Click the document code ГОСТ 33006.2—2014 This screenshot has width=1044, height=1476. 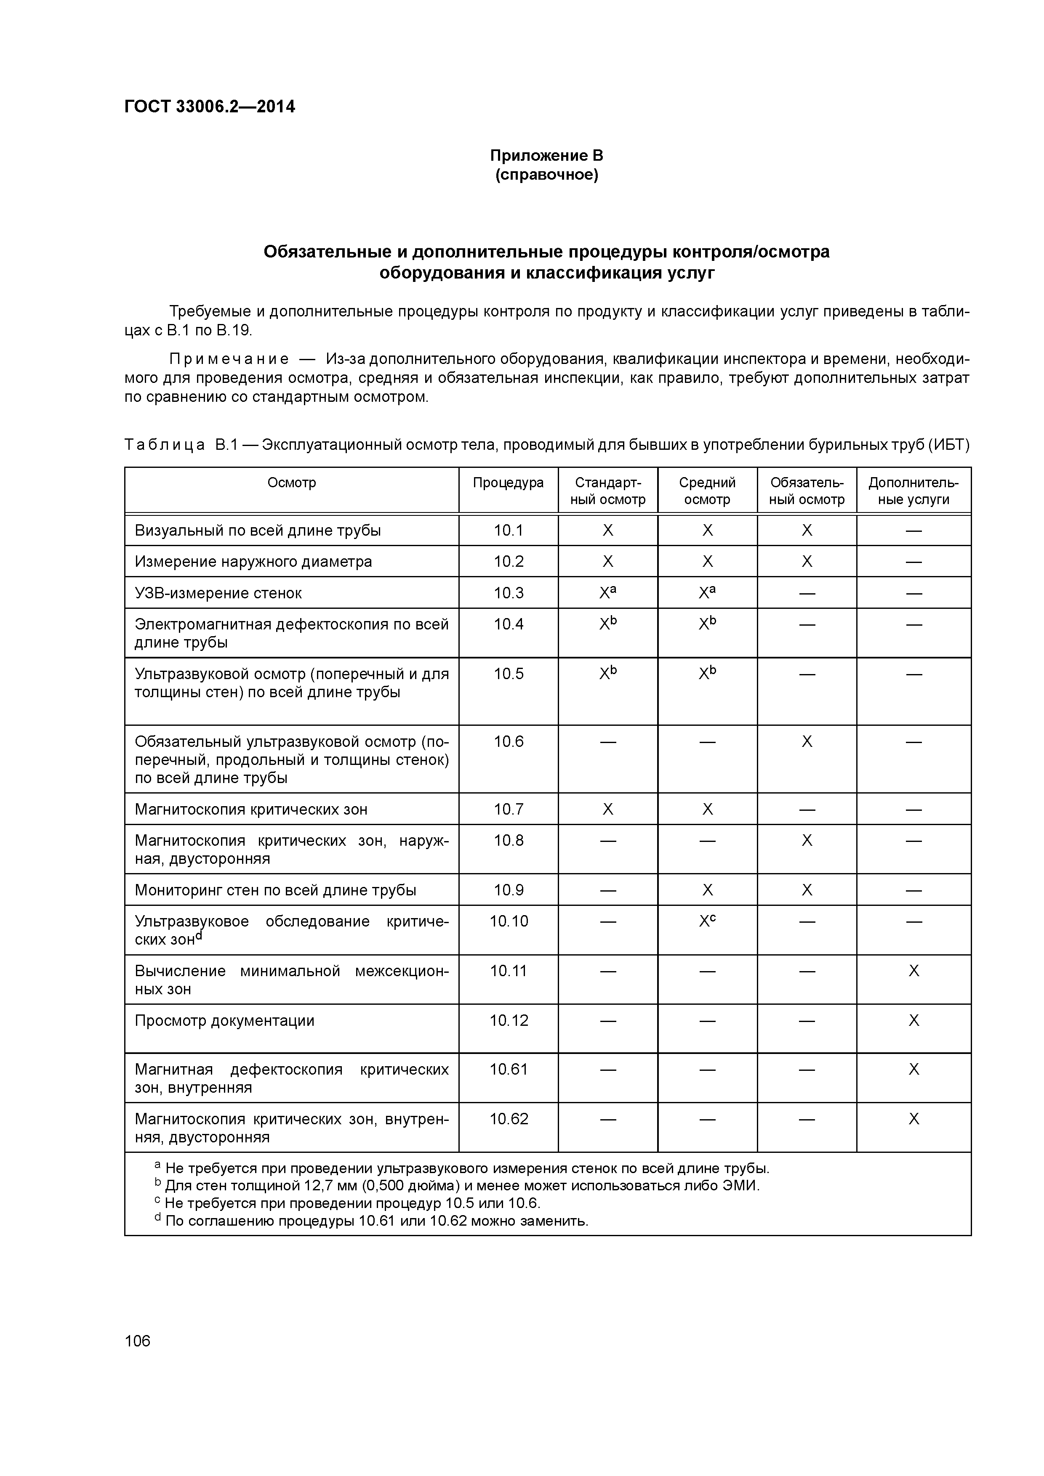coord(210,107)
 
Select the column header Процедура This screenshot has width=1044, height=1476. coord(508,483)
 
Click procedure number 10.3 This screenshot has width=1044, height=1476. coord(508,593)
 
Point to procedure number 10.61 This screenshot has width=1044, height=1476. coord(508,1070)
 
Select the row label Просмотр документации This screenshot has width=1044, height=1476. coord(224,1021)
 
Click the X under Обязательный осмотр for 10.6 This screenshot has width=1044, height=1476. coord(807,742)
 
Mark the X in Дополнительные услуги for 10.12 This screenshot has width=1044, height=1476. coord(913,1021)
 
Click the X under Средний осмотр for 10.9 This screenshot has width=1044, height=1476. coord(707,890)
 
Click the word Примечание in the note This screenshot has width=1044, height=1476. coord(229,359)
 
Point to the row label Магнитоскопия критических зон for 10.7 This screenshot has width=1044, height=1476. coord(251,810)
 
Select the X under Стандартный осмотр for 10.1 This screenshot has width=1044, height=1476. coord(607,530)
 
